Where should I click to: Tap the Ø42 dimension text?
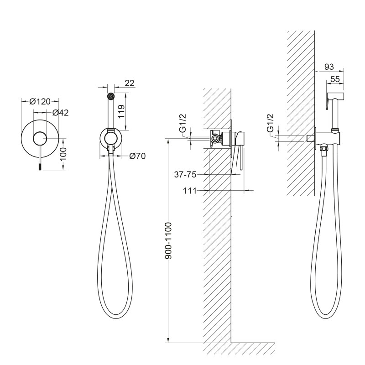(x=60, y=113)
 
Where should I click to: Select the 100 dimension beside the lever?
(x=64, y=152)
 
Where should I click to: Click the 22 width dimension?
(x=129, y=83)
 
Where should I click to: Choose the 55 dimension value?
(x=336, y=79)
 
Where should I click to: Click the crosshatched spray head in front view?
(x=110, y=96)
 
